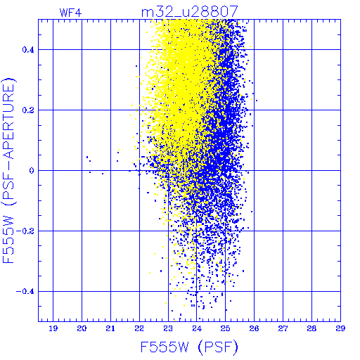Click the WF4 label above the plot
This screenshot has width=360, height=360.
[x=70, y=13]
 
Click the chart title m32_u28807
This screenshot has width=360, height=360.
[x=190, y=12]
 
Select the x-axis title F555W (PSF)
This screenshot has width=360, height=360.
[x=189, y=347]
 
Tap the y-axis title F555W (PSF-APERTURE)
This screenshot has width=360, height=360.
[x=8, y=170]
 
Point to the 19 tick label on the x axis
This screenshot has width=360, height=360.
[x=53, y=328]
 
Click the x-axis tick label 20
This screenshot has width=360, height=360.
[x=82, y=328]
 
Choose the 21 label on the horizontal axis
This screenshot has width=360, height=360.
[x=110, y=328]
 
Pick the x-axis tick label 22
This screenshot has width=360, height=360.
[x=139, y=328]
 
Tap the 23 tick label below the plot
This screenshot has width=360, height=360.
[x=168, y=328]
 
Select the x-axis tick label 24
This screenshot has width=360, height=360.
[x=197, y=328]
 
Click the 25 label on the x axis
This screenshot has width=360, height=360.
[x=225, y=328]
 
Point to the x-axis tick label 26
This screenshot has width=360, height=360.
[x=254, y=328]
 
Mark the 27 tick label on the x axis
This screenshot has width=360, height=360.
[x=283, y=328]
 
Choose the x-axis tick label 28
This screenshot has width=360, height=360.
[x=311, y=328]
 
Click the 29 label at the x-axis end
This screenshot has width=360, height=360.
[x=340, y=328]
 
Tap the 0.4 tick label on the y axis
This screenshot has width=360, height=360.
[x=28, y=50]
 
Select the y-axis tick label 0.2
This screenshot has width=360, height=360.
[x=28, y=110]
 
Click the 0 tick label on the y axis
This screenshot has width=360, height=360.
[x=32, y=171]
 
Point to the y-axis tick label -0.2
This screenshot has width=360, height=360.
[x=25, y=231]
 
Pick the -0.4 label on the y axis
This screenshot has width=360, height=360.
[x=25, y=292]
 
